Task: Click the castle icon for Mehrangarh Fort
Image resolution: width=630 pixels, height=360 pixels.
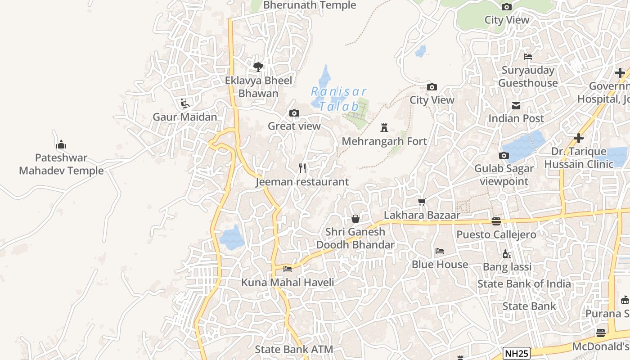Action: (384, 128)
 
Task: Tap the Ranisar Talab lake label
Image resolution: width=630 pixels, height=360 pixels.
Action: (339, 99)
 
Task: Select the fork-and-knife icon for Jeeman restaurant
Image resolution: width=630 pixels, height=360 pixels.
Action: (302, 168)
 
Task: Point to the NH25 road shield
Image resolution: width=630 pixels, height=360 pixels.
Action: (516, 353)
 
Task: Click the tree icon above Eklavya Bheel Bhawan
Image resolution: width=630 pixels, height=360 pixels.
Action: (258, 67)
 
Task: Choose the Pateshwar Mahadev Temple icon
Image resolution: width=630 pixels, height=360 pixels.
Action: (61, 144)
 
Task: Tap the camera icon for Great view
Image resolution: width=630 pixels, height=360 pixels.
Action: (294, 113)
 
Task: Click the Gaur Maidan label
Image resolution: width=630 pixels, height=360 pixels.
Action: (185, 117)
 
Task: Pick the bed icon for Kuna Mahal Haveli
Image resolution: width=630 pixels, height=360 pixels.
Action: (288, 269)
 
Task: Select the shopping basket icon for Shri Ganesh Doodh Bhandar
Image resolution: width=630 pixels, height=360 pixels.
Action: (355, 219)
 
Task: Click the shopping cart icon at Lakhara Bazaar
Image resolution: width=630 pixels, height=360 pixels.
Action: (422, 202)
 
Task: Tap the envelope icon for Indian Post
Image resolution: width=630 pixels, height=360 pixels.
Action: (516, 106)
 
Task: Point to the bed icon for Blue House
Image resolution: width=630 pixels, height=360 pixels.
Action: (440, 251)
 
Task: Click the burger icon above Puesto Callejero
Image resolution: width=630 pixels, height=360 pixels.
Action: (496, 221)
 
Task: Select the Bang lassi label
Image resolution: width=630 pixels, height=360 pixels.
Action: (507, 267)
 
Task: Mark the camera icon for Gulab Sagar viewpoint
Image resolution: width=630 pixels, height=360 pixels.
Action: (504, 156)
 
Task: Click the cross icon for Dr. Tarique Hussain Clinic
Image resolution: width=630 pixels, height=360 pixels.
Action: (579, 138)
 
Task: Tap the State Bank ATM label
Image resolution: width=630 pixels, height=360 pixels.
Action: (294, 349)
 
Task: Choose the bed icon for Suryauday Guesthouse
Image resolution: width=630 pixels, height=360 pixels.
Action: (528, 57)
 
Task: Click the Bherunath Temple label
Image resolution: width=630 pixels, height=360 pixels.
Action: (310, 5)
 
